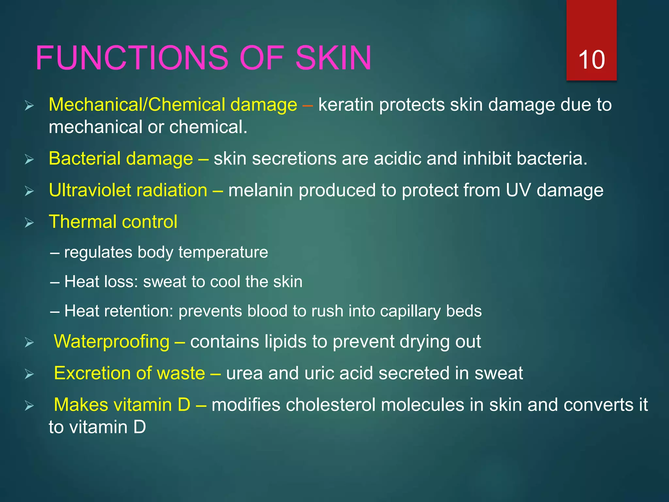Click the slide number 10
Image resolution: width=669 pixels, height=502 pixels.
coord(591,60)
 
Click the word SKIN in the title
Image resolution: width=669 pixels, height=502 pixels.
coord(333,58)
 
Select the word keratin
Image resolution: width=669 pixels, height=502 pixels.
coord(346,105)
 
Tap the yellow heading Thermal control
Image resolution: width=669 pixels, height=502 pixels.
coord(113,222)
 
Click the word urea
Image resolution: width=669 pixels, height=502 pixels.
coord(244,374)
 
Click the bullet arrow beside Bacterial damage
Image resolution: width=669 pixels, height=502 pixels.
coord(29,160)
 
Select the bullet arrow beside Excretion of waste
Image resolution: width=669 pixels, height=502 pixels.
coord(29,374)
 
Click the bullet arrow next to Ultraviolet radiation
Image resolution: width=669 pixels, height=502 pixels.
coord(29,191)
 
